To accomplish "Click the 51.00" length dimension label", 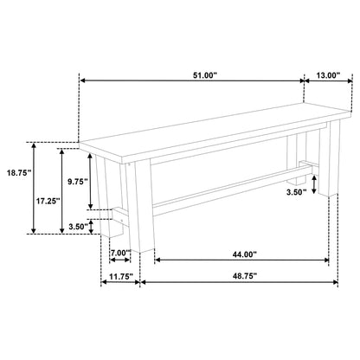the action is (204, 75).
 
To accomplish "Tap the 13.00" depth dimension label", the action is (328, 75).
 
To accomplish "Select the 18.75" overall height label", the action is (19, 173).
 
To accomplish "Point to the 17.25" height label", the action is (48, 201).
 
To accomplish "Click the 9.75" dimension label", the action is (77, 182).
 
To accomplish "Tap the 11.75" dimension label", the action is (121, 276).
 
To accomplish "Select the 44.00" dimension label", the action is (245, 254).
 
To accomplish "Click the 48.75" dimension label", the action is (245, 276).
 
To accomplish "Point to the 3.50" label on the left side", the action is (78, 227).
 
